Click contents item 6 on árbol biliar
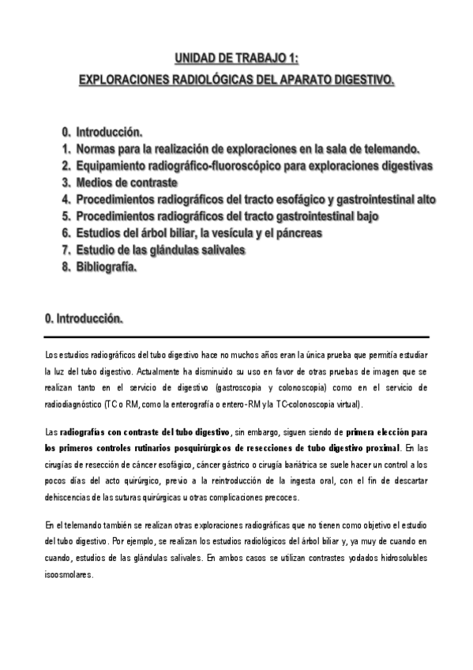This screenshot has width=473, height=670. (x=197, y=233)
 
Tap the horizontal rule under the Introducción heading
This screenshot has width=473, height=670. (x=237, y=337)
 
